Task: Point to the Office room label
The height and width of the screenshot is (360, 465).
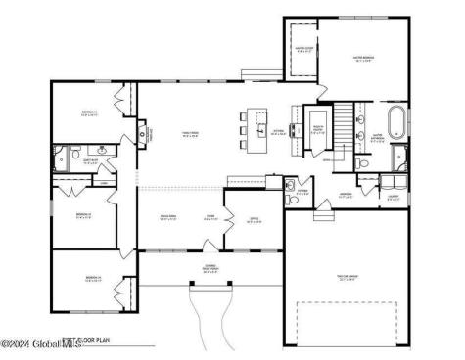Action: (x=254, y=220)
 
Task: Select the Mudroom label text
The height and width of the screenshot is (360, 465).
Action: (x=346, y=195)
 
